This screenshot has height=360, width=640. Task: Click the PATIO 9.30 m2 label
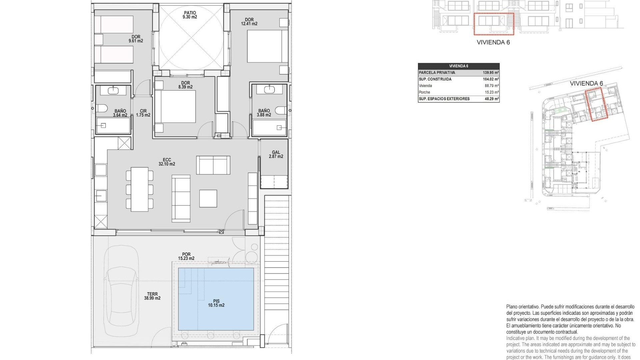click(x=190, y=15)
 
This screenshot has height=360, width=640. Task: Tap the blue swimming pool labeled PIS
click(x=216, y=299)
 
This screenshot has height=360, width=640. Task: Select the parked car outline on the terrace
click(x=121, y=291)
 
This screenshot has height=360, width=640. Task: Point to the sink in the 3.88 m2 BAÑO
click(x=269, y=89)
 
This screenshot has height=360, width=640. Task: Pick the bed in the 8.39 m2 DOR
click(x=175, y=107)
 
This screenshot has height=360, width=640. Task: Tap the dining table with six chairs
click(x=139, y=189)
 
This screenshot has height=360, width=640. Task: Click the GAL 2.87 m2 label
click(x=276, y=154)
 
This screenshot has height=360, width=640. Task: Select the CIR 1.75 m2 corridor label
click(x=143, y=113)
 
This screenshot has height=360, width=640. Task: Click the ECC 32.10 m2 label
click(x=167, y=162)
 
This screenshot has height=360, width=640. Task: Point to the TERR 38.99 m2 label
click(x=152, y=296)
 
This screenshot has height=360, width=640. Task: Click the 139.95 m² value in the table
click(x=491, y=73)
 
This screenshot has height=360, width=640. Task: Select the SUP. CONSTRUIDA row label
click(x=435, y=79)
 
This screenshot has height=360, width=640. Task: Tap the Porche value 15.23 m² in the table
click(x=491, y=92)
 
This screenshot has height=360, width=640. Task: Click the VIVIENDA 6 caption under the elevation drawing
click(x=493, y=42)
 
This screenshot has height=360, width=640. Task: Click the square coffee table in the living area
click(x=208, y=198)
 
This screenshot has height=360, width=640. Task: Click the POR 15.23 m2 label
click(x=186, y=256)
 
